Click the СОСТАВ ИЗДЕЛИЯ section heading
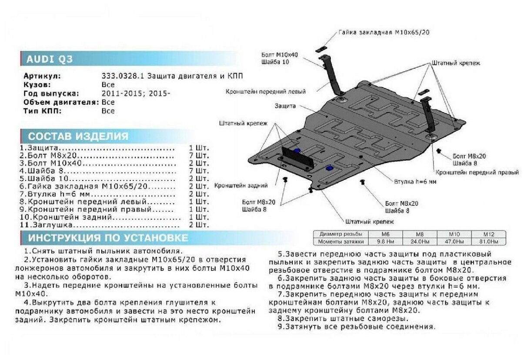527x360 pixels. coord(78,136)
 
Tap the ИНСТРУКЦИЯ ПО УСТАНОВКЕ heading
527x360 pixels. coord(108,238)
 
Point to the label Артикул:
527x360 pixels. coord(42,76)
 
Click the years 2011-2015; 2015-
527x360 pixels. coord(136,93)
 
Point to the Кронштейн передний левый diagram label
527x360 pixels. coord(265,92)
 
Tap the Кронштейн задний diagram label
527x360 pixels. coord(240,186)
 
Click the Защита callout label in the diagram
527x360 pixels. coord(285,106)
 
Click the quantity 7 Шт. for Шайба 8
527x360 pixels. coord(199,171)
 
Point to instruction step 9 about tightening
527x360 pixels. coord(356,327)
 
